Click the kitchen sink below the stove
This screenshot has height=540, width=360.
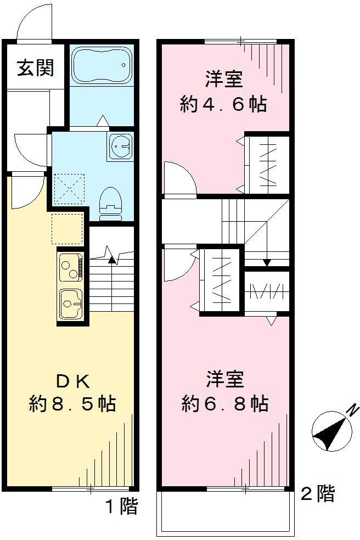[x=71, y=302]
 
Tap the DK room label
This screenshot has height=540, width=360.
[x=72, y=380]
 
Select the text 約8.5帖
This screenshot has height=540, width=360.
[x=72, y=404]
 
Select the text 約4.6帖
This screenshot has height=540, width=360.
[x=223, y=104]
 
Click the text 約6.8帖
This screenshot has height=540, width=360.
[x=225, y=404]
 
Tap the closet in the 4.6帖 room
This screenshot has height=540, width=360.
[x=267, y=163]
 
